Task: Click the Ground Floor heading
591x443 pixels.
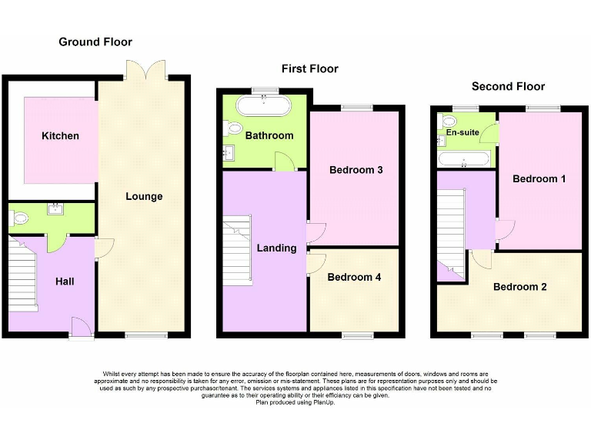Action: pyautogui.click(x=95, y=42)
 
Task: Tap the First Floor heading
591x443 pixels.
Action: pyautogui.click(x=309, y=68)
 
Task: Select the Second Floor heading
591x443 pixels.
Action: pyautogui.click(x=508, y=86)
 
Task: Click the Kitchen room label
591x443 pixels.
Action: pyautogui.click(x=60, y=136)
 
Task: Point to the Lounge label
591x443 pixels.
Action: pyautogui.click(x=144, y=196)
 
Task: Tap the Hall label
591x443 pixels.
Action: pyautogui.click(x=65, y=282)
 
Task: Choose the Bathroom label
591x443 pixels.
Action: pyautogui.click(x=269, y=135)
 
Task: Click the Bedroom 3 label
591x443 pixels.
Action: pyautogui.click(x=356, y=170)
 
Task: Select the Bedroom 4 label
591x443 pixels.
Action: pyautogui.click(x=354, y=277)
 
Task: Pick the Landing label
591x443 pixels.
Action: pyautogui.click(x=276, y=248)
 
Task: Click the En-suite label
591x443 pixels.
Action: pyautogui.click(x=462, y=132)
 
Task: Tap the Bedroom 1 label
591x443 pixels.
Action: pyautogui.click(x=539, y=178)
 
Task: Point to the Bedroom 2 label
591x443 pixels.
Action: pyautogui.click(x=520, y=287)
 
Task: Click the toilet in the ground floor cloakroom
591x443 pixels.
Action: pyautogui.click(x=19, y=219)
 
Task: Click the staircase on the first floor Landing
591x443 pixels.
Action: pyautogui.click(x=237, y=250)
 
